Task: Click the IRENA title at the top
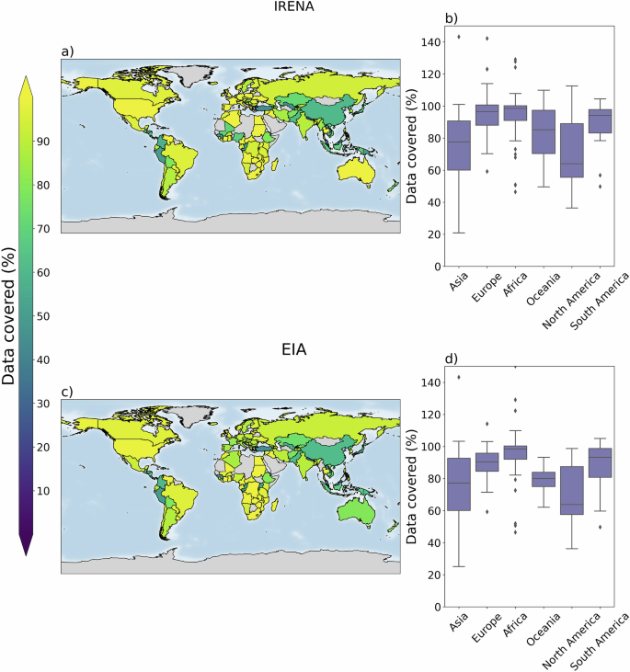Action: (233, 10)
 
